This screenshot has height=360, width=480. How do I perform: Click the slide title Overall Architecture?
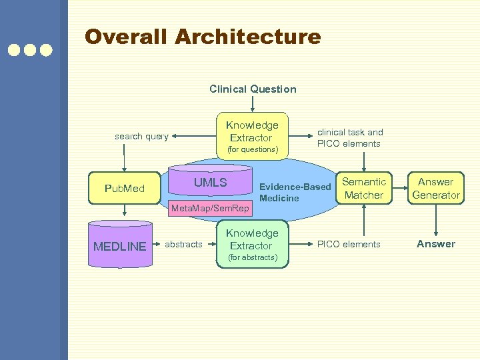click(203, 37)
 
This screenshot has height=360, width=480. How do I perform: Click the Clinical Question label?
click(253, 89)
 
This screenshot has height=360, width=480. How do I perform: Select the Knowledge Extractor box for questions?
click(252, 136)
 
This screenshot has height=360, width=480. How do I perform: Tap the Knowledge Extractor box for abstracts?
click(252, 244)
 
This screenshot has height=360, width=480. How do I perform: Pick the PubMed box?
click(124, 188)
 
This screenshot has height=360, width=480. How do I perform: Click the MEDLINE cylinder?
click(119, 246)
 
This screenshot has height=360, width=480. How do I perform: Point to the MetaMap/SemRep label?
click(210, 209)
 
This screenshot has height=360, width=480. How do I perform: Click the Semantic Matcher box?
click(363, 188)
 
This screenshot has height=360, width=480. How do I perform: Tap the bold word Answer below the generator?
click(436, 244)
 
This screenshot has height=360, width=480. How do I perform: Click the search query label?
click(141, 137)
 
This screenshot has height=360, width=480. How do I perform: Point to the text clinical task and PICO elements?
click(349, 137)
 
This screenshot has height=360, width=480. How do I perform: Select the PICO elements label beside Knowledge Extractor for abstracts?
click(349, 245)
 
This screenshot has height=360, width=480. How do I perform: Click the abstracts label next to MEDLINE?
click(183, 245)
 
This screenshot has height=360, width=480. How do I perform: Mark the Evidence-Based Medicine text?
click(294, 192)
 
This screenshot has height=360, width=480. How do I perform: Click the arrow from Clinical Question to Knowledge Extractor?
click(253, 103)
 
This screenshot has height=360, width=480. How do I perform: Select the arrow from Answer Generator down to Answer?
click(436, 220)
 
